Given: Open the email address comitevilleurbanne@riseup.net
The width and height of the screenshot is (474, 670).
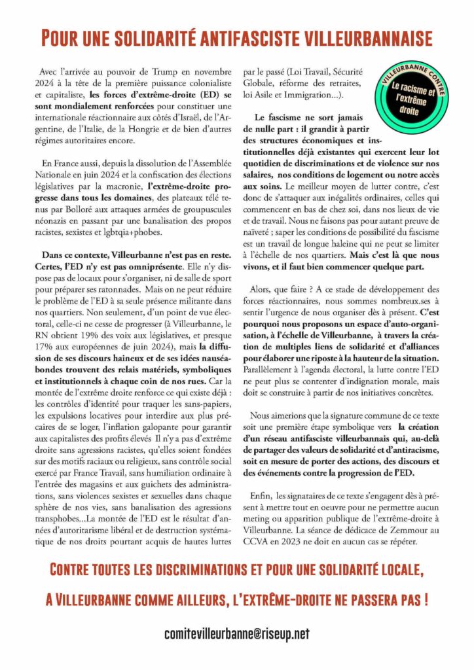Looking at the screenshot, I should (x=237, y=633).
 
